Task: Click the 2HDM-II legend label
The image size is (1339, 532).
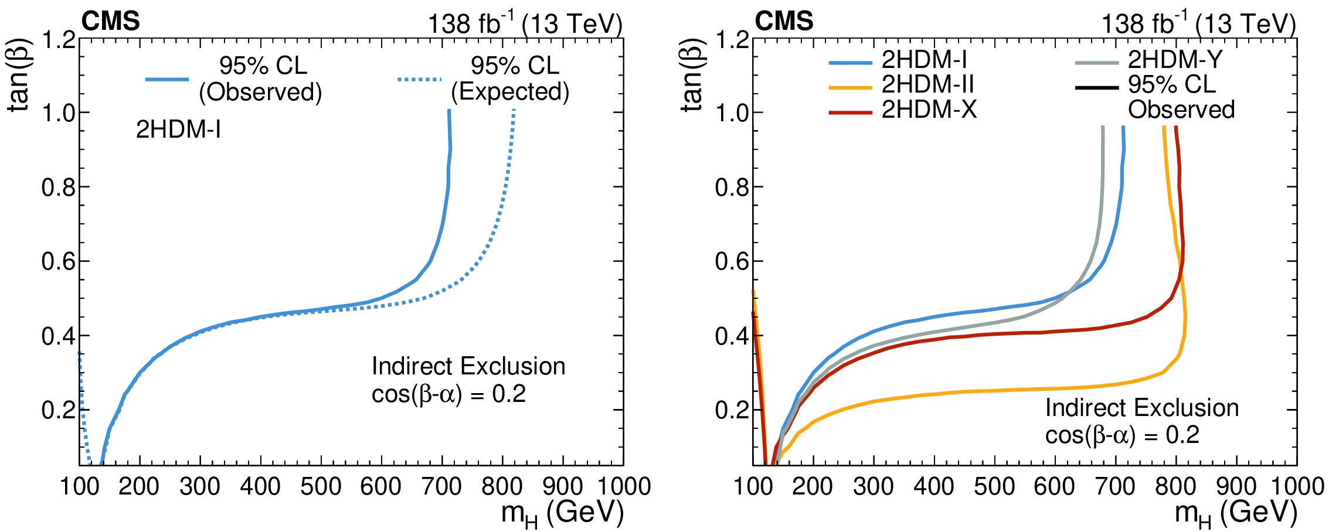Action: pyautogui.click(x=927, y=85)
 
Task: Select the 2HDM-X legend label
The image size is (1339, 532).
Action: pyautogui.click(x=929, y=110)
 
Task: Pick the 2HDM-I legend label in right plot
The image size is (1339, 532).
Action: pyautogui.click(x=925, y=60)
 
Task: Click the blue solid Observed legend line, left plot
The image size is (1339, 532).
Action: pyautogui.click(x=167, y=79)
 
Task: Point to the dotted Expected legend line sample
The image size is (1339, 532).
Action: pyautogui.click(x=419, y=80)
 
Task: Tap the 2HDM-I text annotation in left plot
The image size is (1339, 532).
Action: pyautogui.click(x=178, y=129)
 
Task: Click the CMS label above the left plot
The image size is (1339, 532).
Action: pyautogui.click(x=110, y=22)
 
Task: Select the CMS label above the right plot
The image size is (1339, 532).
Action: pyautogui.click(x=784, y=22)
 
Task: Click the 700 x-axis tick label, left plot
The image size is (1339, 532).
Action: pyautogui.click(x=441, y=486)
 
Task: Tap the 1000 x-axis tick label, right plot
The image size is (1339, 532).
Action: pyautogui.click(x=1297, y=486)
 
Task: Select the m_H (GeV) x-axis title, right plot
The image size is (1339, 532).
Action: pyautogui.click(x=1236, y=513)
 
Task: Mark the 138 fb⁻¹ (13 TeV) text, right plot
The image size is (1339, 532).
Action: pyautogui.click(x=1198, y=24)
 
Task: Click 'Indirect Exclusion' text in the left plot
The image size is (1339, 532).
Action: pyautogui.click(x=468, y=366)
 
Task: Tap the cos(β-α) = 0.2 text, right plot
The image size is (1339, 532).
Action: pyautogui.click(x=1122, y=435)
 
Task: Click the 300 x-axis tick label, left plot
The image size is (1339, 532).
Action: pyautogui.click(x=200, y=486)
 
